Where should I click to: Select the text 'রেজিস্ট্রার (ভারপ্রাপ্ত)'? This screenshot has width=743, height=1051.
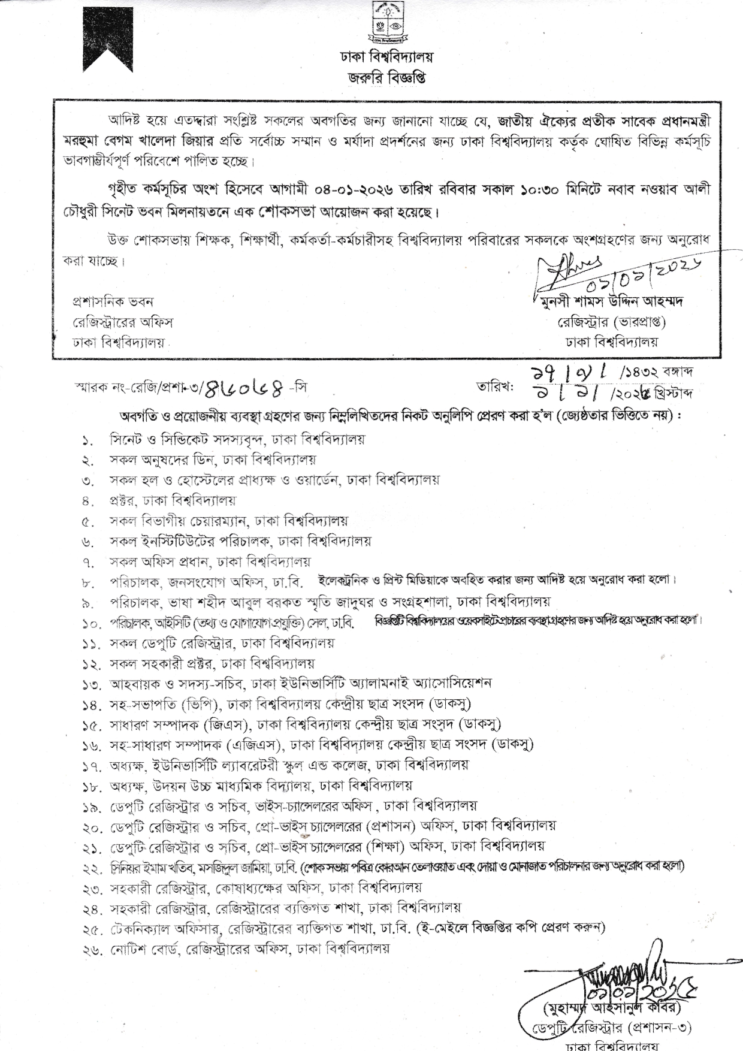tap(611, 322)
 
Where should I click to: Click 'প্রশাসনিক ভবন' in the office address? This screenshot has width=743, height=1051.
tap(113, 301)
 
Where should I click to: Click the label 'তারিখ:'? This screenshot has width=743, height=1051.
tap(494, 387)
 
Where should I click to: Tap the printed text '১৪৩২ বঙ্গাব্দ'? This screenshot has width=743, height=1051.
tap(666, 373)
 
